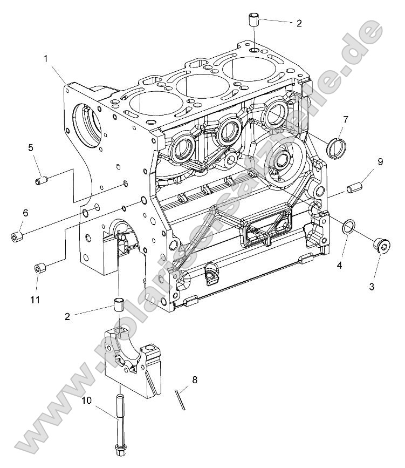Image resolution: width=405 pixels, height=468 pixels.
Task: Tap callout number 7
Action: (x=346, y=118)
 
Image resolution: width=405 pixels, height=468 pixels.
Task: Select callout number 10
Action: (x=87, y=401)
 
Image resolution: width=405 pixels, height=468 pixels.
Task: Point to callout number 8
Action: (x=195, y=379)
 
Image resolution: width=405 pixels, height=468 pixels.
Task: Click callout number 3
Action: (x=371, y=287)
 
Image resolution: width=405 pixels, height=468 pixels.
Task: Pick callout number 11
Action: (x=36, y=299)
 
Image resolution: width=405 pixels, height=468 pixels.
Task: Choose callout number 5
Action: (x=31, y=147)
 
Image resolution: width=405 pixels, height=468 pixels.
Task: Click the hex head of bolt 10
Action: (x=120, y=447)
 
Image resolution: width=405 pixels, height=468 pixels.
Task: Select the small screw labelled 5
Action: (x=41, y=180)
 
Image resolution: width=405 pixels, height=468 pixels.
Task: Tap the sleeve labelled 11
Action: (x=39, y=268)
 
